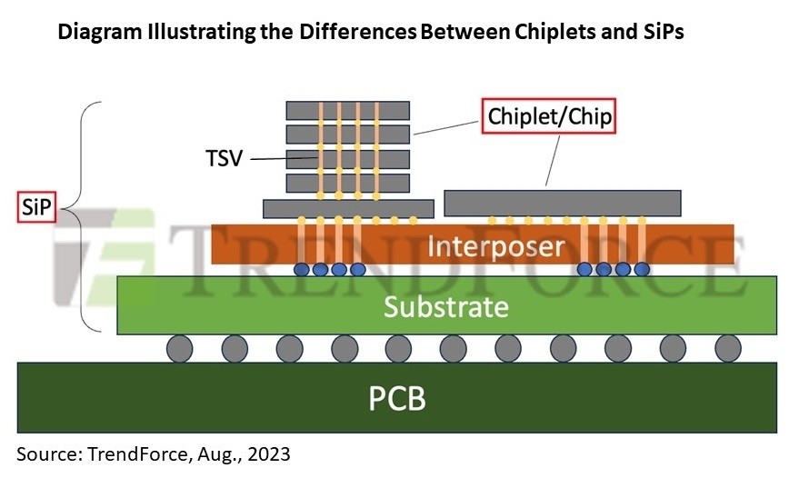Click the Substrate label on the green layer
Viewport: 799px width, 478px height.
click(x=445, y=306)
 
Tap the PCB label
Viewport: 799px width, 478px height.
click(x=397, y=398)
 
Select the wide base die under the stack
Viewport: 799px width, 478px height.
click(x=347, y=208)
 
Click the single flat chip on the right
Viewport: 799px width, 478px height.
click(x=562, y=203)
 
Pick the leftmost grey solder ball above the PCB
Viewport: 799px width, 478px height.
click(x=180, y=348)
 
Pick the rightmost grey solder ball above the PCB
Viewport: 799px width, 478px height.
click(x=727, y=348)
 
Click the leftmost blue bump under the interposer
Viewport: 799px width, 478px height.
click(x=301, y=270)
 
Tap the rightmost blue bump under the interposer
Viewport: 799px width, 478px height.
click(x=642, y=270)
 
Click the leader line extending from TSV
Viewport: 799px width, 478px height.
click(x=282, y=160)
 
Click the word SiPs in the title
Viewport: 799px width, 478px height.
click(x=658, y=33)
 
